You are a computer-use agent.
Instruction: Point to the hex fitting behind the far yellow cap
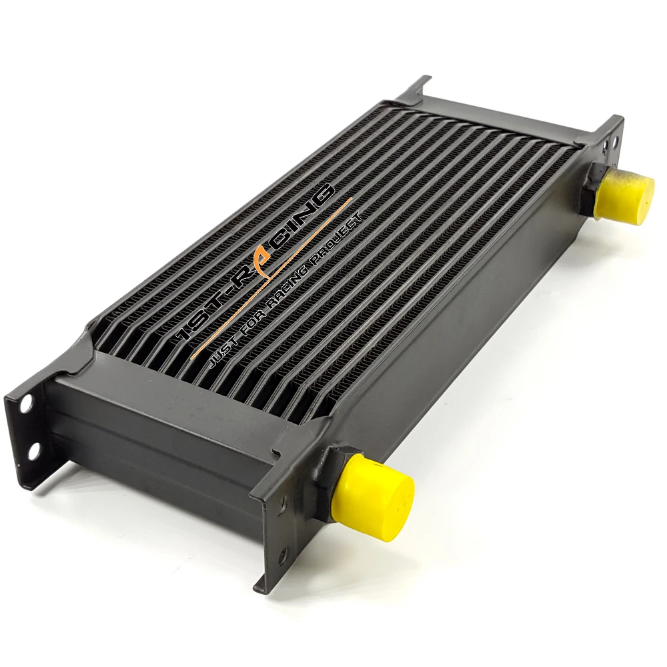pos(593,189)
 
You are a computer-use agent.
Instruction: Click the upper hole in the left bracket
pos(25,404)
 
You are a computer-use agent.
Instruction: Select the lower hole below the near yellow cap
pos(283,557)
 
